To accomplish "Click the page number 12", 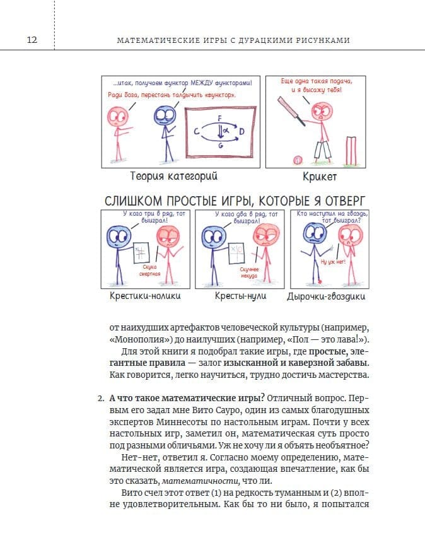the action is (32, 40).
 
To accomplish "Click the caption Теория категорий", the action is (173, 176).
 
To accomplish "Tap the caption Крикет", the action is (320, 177).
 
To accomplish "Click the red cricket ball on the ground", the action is (298, 160).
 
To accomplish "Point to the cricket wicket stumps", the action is (351, 151).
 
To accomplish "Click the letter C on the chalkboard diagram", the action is (197, 132).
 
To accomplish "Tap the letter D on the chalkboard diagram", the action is (242, 132).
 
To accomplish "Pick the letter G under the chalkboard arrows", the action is (221, 145).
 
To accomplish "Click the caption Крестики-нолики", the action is (145, 296).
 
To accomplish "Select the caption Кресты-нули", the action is (240, 296).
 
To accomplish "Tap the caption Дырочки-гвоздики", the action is (326, 296).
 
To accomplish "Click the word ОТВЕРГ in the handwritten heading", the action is (345, 201).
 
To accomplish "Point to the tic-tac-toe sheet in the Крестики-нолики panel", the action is (141, 253).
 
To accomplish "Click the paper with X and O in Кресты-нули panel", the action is (236, 254).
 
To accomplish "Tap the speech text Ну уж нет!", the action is (333, 262).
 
